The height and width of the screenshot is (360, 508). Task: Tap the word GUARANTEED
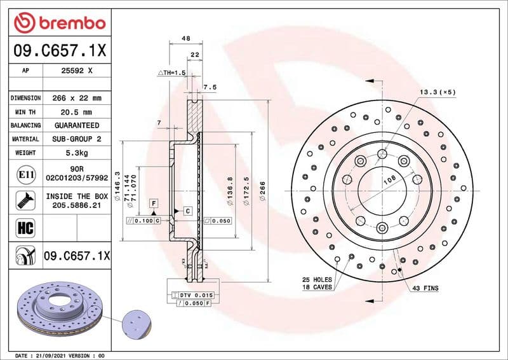tap(77, 125)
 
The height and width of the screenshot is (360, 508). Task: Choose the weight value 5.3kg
tap(77, 153)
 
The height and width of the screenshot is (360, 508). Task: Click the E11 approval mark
tap(23, 174)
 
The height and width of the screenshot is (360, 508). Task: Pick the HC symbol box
tap(23, 226)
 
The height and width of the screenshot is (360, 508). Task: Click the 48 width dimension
tap(186, 39)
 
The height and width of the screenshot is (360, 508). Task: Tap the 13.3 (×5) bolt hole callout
tap(437, 92)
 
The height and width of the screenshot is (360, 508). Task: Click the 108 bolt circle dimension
tap(387, 181)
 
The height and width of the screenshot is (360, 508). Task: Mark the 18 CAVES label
tap(316, 287)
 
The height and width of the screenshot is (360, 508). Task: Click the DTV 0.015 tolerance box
tap(201, 296)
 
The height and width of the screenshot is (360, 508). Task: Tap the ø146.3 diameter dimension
tap(117, 186)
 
